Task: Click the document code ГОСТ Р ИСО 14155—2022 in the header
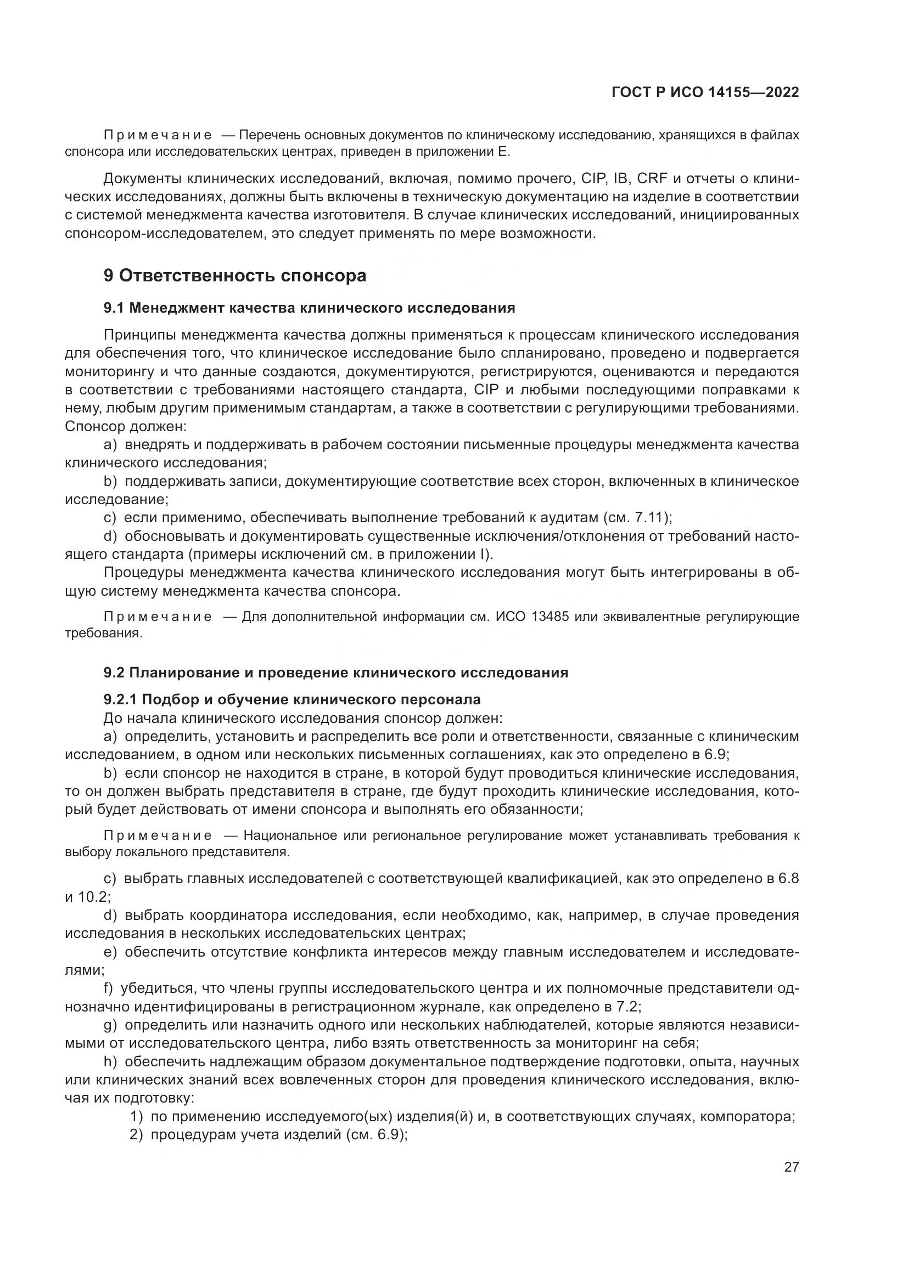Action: point(705,92)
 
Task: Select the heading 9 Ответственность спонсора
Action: point(235,275)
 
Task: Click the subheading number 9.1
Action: point(115,308)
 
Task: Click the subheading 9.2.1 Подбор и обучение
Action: point(292,699)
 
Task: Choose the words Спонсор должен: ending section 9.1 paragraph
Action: point(125,427)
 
